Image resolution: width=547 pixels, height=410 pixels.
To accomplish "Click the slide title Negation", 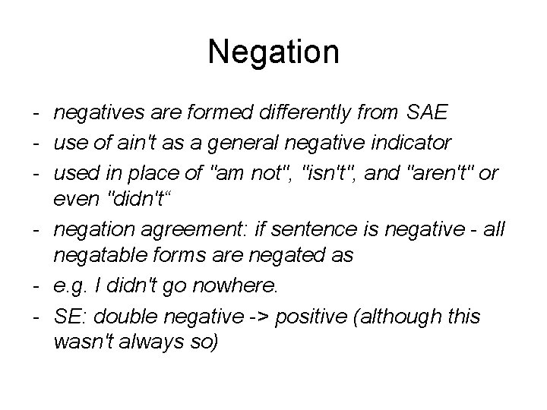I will pyautogui.click(x=273, y=52).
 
